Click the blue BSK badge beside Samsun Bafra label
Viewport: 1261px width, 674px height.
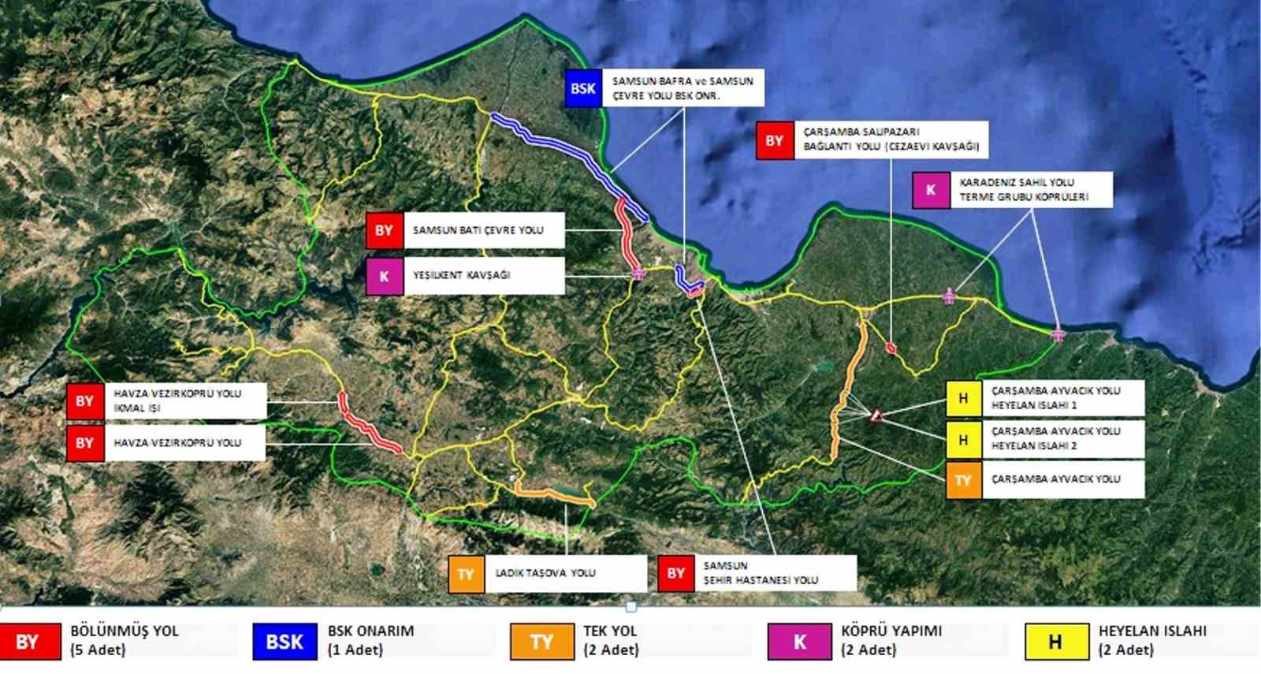(583, 88)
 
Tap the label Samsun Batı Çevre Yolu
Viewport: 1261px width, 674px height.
(478, 230)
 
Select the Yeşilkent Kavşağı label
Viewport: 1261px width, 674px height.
(462, 275)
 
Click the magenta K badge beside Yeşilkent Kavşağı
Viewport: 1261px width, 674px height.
(384, 276)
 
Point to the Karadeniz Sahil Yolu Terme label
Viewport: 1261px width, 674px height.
(1024, 189)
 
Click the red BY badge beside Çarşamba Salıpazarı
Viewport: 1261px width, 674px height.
(774, 140)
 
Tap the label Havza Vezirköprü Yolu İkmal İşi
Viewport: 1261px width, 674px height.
(177, 400)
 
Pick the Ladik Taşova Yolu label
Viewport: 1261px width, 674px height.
(545, 573)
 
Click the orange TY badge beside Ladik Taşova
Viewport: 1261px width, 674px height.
(466, 574)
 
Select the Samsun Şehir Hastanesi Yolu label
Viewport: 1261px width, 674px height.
(761, 573)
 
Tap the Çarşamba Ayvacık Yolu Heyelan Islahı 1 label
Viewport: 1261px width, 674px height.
(1055, 398)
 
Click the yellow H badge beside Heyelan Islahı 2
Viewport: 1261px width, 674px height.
(963, 439)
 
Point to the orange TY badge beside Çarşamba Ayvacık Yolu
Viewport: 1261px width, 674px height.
(963, 480)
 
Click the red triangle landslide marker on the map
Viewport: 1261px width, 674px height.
(876, 415)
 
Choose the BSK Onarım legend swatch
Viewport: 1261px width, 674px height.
(285, 642)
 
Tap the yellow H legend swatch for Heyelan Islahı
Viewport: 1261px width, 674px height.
(1055, 642)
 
